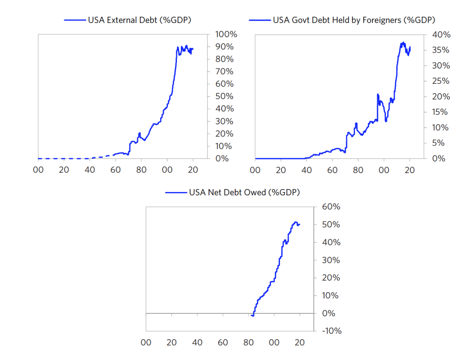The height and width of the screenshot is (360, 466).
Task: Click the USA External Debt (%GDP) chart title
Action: click(139, 20)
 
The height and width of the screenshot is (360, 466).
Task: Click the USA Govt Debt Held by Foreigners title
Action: click(354, 20)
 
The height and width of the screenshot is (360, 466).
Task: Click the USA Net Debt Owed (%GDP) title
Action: click(244, 192)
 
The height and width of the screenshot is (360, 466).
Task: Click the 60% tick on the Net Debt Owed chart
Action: click(331, 207)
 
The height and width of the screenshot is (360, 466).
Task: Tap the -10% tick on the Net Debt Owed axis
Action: click(331, 331)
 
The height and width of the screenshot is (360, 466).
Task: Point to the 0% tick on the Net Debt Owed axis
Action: click(329, 313)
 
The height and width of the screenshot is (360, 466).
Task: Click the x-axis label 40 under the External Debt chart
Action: click(89, 170)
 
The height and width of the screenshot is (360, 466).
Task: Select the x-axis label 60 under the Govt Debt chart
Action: click(332, 170)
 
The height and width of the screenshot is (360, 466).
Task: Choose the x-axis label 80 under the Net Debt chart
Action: click(249, 343)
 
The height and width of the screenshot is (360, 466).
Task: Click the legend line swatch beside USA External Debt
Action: click(75, 20)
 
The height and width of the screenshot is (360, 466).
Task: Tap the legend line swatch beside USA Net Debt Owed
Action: click(176, 192)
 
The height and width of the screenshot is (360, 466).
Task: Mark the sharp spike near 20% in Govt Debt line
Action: click(378, 95)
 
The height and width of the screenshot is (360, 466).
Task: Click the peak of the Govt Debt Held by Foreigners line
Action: click(403, 42)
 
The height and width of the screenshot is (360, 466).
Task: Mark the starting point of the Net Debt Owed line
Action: click(251, 316)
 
